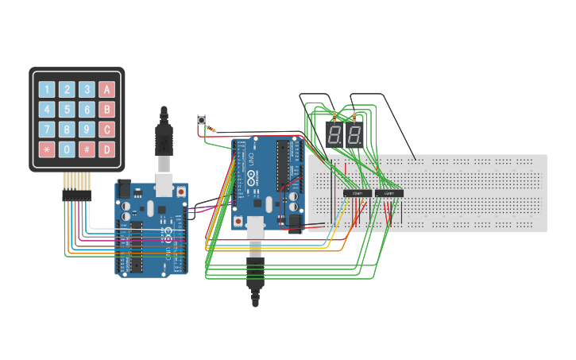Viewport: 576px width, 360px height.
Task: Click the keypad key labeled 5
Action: click(x=67, y=110)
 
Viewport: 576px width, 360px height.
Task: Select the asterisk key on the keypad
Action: click(x=48, y=149)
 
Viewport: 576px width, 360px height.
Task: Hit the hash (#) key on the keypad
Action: click(x=87, y=149)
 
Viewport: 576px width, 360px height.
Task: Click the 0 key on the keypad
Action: click(x=67, y=149)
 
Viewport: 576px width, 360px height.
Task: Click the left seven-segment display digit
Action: click(x=334, y=135)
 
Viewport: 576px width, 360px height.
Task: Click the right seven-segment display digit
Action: click(x=354, y=135)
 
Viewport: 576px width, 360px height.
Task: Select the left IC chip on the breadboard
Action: click(x=358, y=193)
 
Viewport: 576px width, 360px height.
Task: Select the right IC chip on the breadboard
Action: click(x=389, y=193)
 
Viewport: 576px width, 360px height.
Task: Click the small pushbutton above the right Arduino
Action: click(x=202, y=121)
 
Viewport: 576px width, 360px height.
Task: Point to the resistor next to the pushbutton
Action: click(x=211, y=129)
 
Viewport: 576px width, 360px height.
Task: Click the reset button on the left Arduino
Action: click(x=182, y=192)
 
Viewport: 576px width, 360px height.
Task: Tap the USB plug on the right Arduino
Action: click(x=255, y=270)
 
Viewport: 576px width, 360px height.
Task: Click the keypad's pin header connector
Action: click(x=77, y=184)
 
